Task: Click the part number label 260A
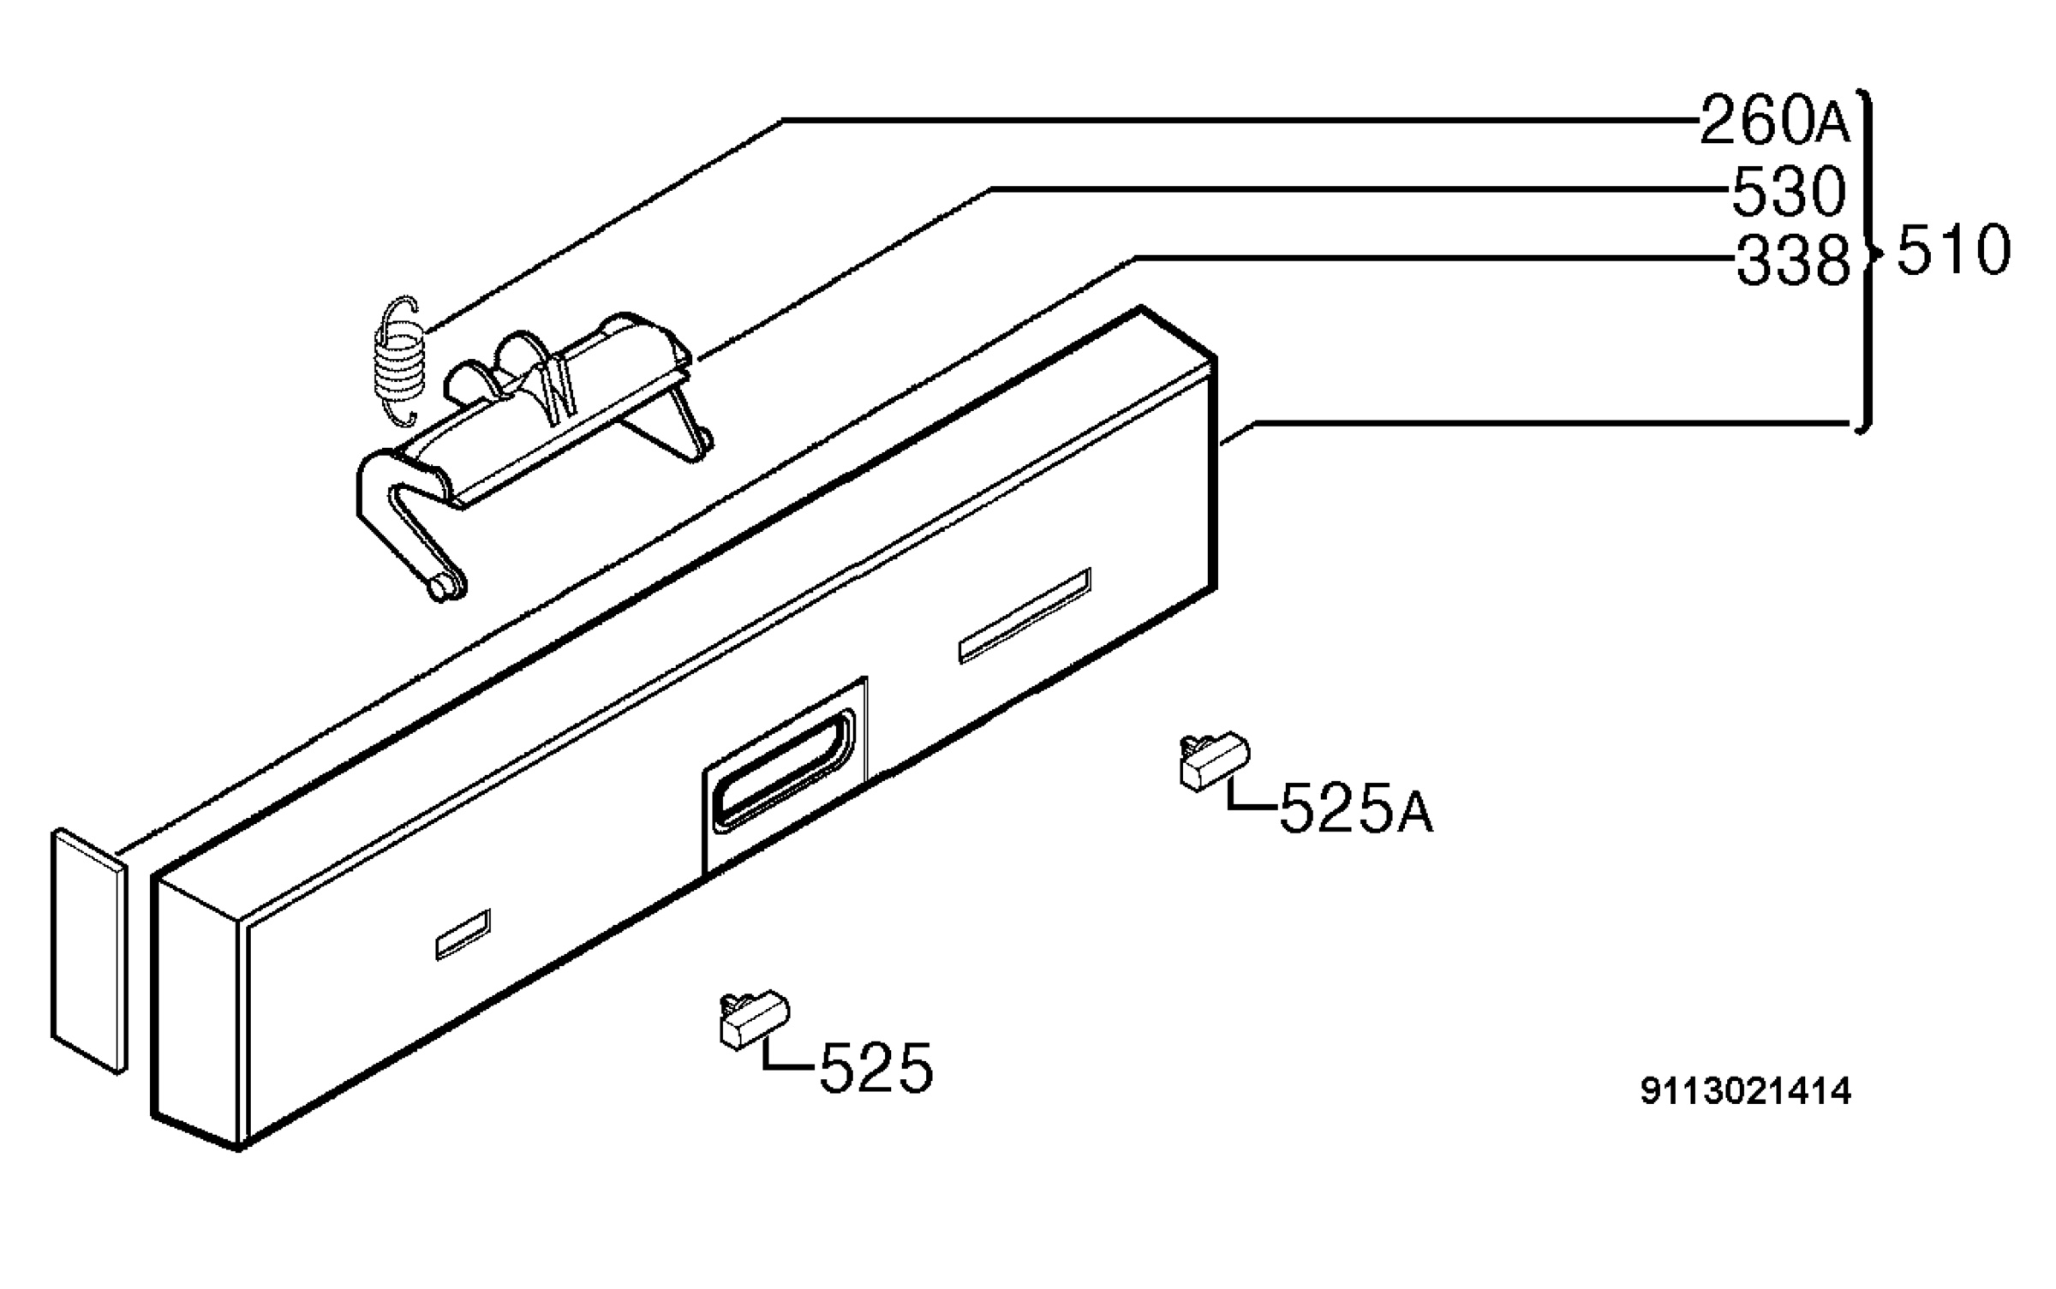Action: click(x=1774, y=121)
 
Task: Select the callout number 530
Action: click(x=1789, y=190)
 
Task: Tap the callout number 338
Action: click(x=1793, y=260)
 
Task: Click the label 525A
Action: click(x=1356, y=808)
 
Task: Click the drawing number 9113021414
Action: click(x=1745, y=1091)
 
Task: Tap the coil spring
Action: click(x=399, y=360)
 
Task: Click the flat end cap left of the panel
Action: click(x=89, y=950)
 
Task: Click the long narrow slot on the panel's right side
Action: click(x=1025, y=615)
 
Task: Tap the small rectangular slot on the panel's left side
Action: click(x=463, y=934)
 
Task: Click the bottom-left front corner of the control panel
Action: click(x=241, y=1147)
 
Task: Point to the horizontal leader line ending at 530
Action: click(x=1360, y=188)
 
